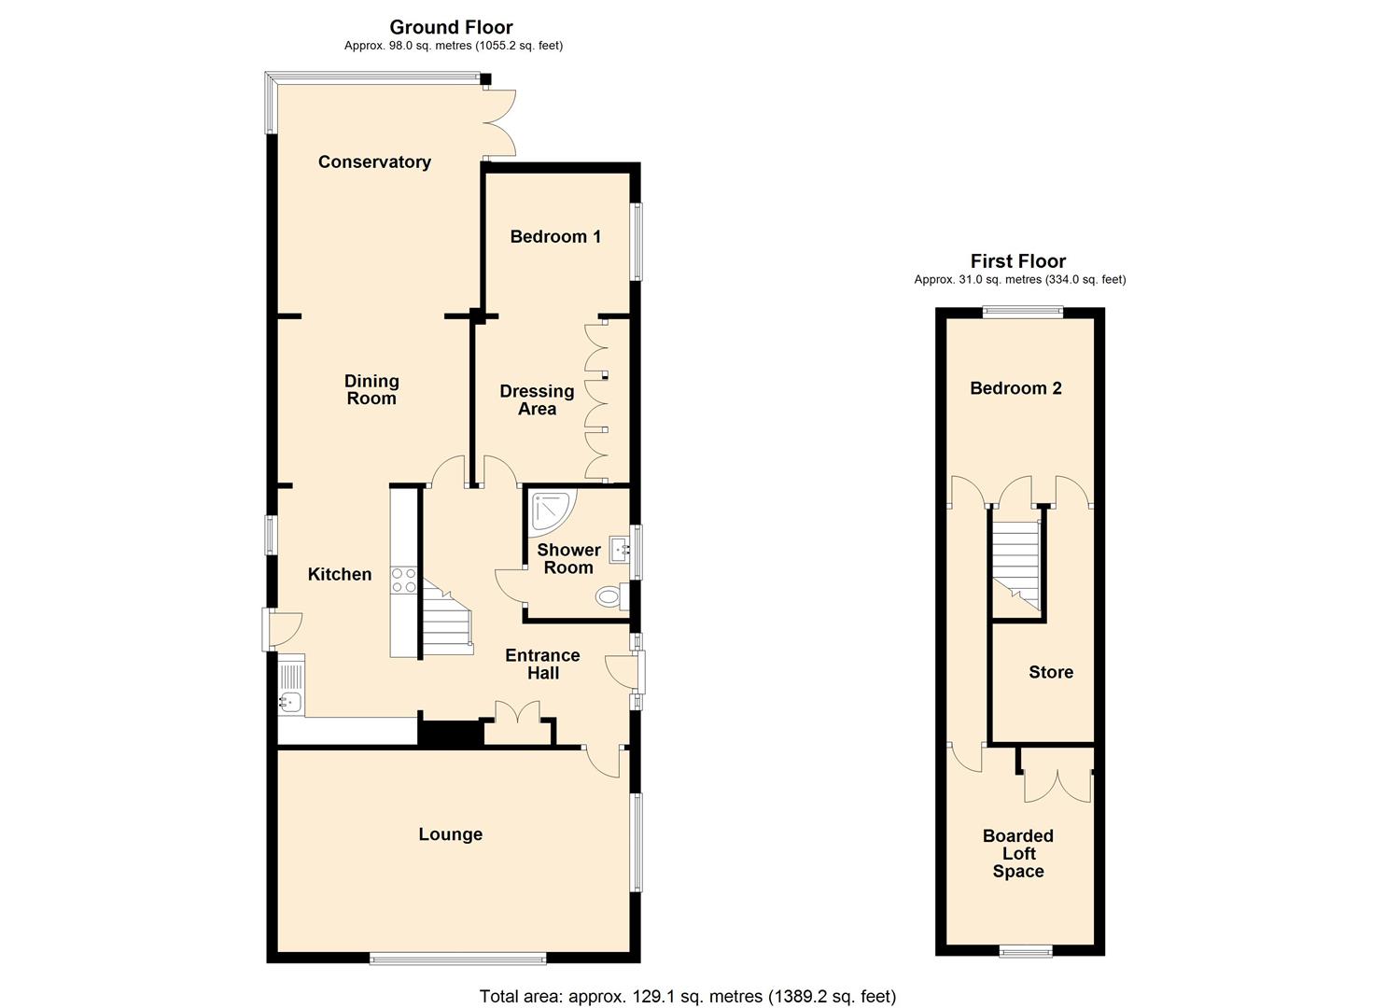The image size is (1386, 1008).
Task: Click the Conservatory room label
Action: [x=374, y=162]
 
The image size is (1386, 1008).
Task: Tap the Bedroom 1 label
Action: [x=555, y=236]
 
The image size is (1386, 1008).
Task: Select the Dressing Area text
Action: [x=537, y=399]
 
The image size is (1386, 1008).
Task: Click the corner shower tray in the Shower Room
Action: [x=553, y=513]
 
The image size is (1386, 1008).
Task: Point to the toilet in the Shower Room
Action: [x=612, y=597]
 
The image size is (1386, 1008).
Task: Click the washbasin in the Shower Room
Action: [x=620, y=550]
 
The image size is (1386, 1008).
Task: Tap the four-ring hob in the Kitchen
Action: [x=403, y=581]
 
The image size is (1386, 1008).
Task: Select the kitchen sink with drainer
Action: [x=291, y=688]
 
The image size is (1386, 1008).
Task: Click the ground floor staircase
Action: [x=447, y=618]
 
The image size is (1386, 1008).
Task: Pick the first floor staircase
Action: [x=1016, y=567]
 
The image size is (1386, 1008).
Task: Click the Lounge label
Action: [x=451, y=834]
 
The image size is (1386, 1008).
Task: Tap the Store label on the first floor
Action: [x=1051, y=672]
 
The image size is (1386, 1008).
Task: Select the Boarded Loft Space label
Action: [x=1018, y=853]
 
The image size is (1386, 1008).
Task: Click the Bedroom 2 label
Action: [x=1015, y=388]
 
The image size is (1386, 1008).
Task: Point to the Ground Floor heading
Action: [x=451, y=27]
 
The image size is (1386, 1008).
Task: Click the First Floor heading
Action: [x=1018, y=261]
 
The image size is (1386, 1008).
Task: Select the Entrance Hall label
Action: [x=542, y=664]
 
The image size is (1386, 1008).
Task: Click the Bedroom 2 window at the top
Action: [x=1022, y=313]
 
